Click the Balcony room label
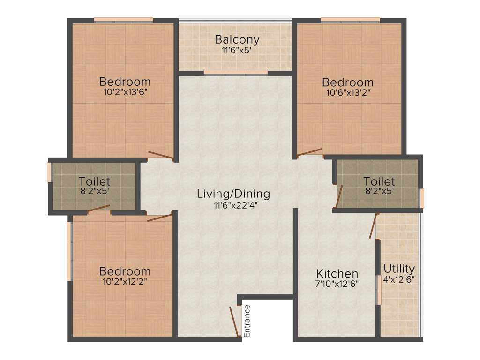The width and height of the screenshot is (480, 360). click(x=237, y=39)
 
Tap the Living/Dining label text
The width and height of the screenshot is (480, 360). click(x=233, y=193)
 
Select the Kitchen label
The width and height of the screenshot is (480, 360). click(x=337, y=273)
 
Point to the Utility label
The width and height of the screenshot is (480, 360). click(x=399, y=269)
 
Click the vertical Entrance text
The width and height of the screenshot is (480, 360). click(x=247, y=321)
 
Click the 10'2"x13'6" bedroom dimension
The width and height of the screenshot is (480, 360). click(x=125, y=92)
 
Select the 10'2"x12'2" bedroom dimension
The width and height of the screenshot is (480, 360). click(x=125, y=282)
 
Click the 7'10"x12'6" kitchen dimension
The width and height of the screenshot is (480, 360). click(x=337, y=284)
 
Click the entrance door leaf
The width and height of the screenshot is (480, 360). click(x=234, y=321)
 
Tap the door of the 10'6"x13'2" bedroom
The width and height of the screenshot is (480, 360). click(x=309, y=152)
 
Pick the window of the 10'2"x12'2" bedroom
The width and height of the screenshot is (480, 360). click(x=69, y=251)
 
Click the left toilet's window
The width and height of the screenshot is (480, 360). click(x=49, y=172)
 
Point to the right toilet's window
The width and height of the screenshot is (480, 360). click(x=421, y=198)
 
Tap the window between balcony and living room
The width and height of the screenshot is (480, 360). click(x=235, y=73)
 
